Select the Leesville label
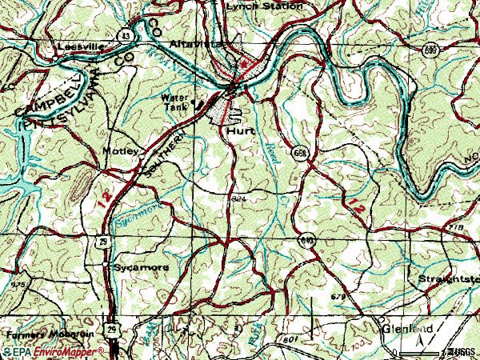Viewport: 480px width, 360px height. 81,47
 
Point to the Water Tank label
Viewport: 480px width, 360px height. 174,102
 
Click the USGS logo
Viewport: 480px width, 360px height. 462,351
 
